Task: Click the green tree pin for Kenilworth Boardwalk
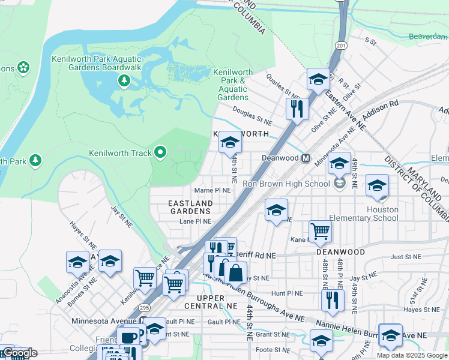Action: pyautogui.click(x=124, y=80)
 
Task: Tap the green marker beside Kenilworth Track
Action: pyautogui.click(x=160, y=153)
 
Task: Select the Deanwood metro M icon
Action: pyautogui.click(x=306, y=158)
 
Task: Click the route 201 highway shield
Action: pyautogui.click(x=341, y=46)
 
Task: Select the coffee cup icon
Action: pyautogui.click(x=127, y=338)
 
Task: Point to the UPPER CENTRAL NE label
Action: pyautogui.click(x=218, y=302)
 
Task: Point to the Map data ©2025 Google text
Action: pyautogui.click(x=412, y=355)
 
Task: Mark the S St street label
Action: pyautogui.click(x=370, y=42)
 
